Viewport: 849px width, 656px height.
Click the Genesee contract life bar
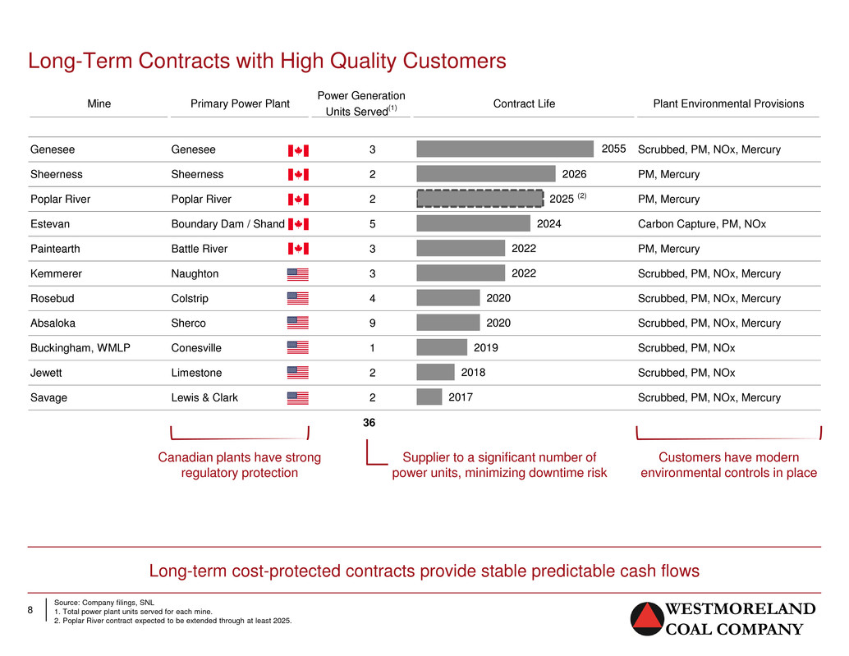[x=505, y=149]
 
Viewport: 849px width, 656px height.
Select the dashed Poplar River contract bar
[x=480, y=199]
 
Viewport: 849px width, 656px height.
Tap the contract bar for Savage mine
[x=429, y=397]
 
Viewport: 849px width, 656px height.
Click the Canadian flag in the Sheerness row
[x=298, y=174]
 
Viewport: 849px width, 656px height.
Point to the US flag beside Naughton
[x=298, y=274]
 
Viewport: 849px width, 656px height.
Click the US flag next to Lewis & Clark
[x=298, y=398]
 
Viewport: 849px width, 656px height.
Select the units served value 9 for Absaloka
[x=373, y=323]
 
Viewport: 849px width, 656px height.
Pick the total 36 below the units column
[x=369, y=423]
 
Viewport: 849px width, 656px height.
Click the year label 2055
[x=613, y=149]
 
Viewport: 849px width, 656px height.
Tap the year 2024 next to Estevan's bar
[x=548, y=223]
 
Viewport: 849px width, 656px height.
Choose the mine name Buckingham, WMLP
[x=80, y=348]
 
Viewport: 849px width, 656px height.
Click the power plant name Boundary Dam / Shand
[x=228, y=223]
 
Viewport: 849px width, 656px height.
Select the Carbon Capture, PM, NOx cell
[x=702, y=224]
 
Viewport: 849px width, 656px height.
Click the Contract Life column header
[x=524, y=103]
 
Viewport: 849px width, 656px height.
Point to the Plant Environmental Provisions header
[x=728, y=103]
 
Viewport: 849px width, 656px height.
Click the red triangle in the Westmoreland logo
[x=646, y=617]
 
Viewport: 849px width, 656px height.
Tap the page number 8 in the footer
[x=30, y=610]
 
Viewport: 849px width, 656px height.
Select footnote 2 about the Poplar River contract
[x=172, y=621]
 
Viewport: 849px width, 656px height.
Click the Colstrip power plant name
[x=190, y=298]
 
